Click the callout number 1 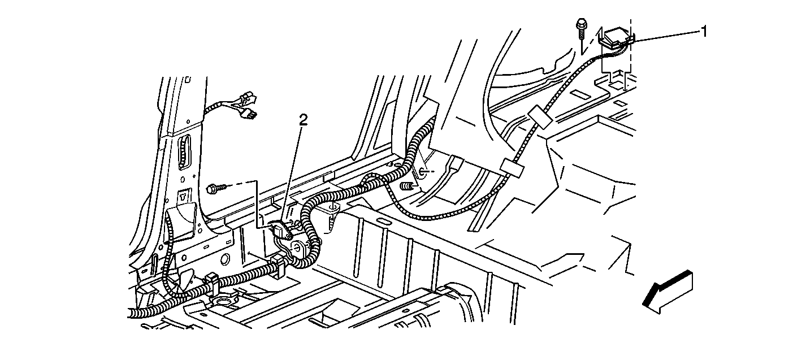(x=704, y=32)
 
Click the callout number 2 (x=304, y=120)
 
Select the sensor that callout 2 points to (x=282, y=229)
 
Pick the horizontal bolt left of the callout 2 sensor (x=218, y=188)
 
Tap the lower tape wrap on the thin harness (x=513, y=168)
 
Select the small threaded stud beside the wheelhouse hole (x=407, y=186)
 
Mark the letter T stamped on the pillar (x=184, y=197)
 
